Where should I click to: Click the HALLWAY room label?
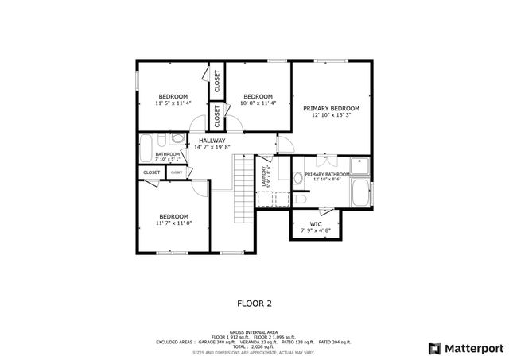(212, 140)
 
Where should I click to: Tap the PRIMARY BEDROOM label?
(331, 108)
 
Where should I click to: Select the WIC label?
(316, 223)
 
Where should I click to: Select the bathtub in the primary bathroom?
(360, 194)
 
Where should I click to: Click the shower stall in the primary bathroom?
(360, 165)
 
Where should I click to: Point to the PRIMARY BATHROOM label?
(326, 173)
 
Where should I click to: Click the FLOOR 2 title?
(254, 303)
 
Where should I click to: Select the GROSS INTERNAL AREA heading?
(254, 331)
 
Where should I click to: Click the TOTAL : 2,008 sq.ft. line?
(254, 347)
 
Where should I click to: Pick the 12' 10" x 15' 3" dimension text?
(331, 115)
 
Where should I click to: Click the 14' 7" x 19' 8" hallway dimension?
(212, 147)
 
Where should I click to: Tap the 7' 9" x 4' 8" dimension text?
(316, 230)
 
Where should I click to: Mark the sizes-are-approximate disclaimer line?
(254, 352)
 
